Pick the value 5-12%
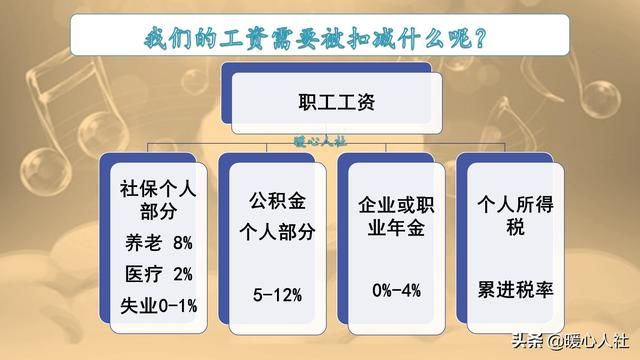(278, 293)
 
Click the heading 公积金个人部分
(279, 219)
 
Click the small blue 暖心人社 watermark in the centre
(320, 143)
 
